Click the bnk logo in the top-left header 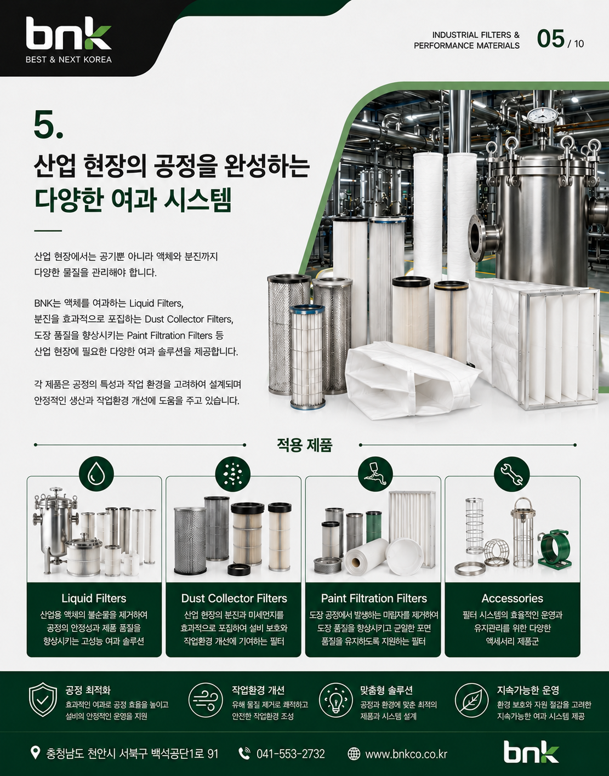point(68,33)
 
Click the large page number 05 point(550,39)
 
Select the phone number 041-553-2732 point(291,754)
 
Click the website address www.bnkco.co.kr point(406,754)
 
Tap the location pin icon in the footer point(35,752)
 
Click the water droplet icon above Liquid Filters point(96,475)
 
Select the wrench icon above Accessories point(512,475)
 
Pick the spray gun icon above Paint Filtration point(375,475)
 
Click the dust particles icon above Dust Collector point(232,475)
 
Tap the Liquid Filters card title point(94,598)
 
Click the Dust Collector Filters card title point(234,598)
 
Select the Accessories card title point(512,598)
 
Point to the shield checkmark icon point(43,700)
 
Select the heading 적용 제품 point(304,445)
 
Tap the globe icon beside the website point(354,754)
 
